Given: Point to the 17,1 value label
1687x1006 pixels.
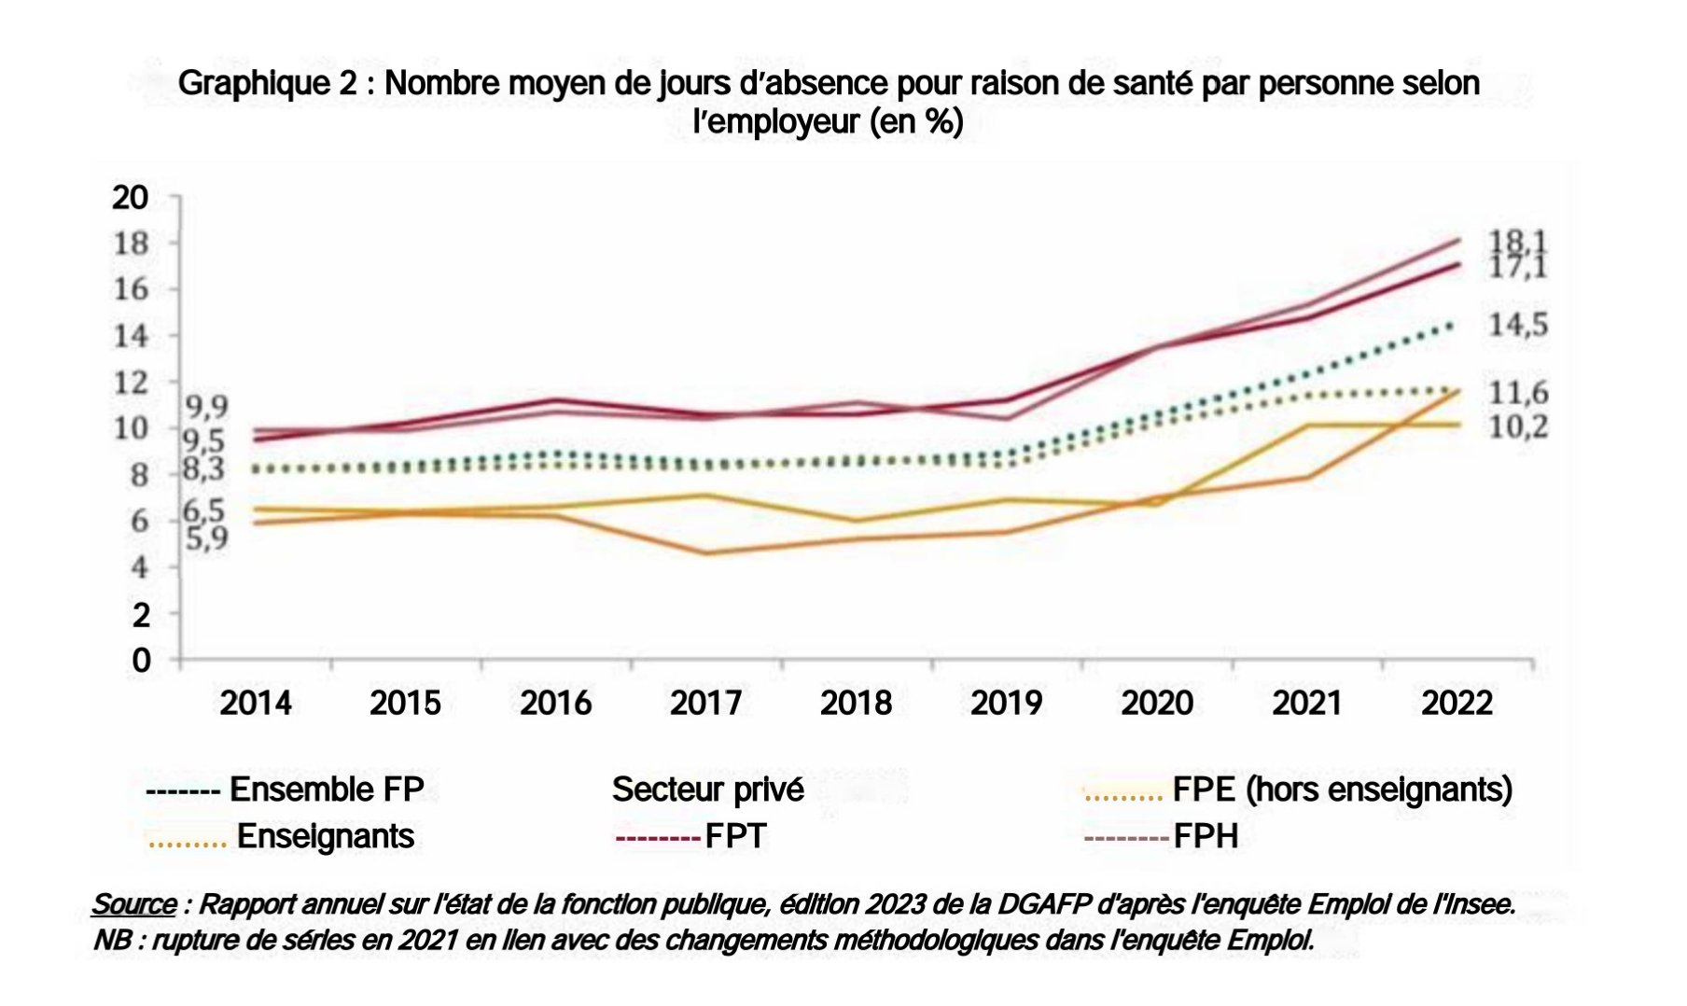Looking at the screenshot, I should [x=1516, y=268].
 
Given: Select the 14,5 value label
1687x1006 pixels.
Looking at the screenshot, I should [x=1517, y=325].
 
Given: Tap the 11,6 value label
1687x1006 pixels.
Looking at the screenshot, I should [x=1517, y=393].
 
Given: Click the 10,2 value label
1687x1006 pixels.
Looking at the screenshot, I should [x=1517, y=426].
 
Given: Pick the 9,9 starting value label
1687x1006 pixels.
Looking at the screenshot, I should [x=206, y=407].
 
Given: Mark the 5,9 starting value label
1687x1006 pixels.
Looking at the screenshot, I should [x=206, y=538].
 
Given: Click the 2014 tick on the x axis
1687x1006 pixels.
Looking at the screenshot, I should [x=256, y=703].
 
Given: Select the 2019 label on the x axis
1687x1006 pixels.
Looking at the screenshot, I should [x=1006, y=703].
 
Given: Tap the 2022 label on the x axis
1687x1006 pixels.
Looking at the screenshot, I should [x=1457, y=703].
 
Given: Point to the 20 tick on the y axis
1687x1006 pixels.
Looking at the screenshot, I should [x=131, y=198].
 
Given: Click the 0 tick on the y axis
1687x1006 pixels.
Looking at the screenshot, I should [x=141, y=661].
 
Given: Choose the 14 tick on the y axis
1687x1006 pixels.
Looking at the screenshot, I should [x=131, y=336].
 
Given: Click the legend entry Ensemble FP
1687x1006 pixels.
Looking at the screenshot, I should [x=326, y=789].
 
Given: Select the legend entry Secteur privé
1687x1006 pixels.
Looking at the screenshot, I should [x=707, y=789].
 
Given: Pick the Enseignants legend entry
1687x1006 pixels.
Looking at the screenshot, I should [x=325, y=836].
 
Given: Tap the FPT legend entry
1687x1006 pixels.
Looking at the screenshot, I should [x=735, y=836].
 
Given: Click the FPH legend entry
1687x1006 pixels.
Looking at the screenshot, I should [x=1206, y=836].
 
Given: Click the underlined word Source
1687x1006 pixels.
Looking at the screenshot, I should [x=134, y=904].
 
